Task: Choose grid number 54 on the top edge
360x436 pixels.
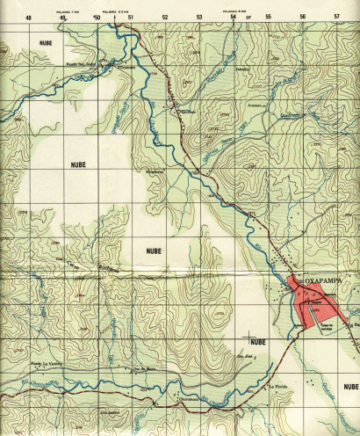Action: coord(234,17)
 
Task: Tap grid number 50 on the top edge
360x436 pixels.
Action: coord(97,17)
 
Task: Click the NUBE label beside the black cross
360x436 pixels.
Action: coord(257,341)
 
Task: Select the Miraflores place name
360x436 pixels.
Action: coord(155,171)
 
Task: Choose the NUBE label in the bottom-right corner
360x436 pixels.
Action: coord(350,387)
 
